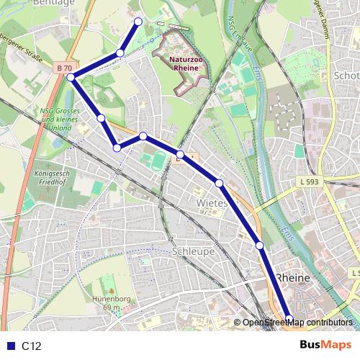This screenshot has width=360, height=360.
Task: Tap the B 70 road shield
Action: (x=64, y=68)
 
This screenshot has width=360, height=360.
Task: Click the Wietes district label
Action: (x=211, y=203)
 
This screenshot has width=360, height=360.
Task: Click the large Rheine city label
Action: (x=292, y=278)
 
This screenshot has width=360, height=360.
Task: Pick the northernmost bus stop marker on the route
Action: (x=138, y=22)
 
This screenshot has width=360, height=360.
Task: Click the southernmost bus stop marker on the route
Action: (x=289, y=319)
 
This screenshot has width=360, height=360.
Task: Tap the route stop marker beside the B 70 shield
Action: (x=71, y=77)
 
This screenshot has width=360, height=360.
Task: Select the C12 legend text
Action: (x=31, y=346)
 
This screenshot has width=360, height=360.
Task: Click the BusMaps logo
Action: (x=325, y=346)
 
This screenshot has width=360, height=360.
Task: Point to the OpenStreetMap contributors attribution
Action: (x=297, y=323)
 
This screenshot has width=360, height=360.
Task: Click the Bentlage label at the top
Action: (x=50, y=3)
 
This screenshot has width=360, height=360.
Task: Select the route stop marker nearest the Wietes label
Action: (x=219, y=184)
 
